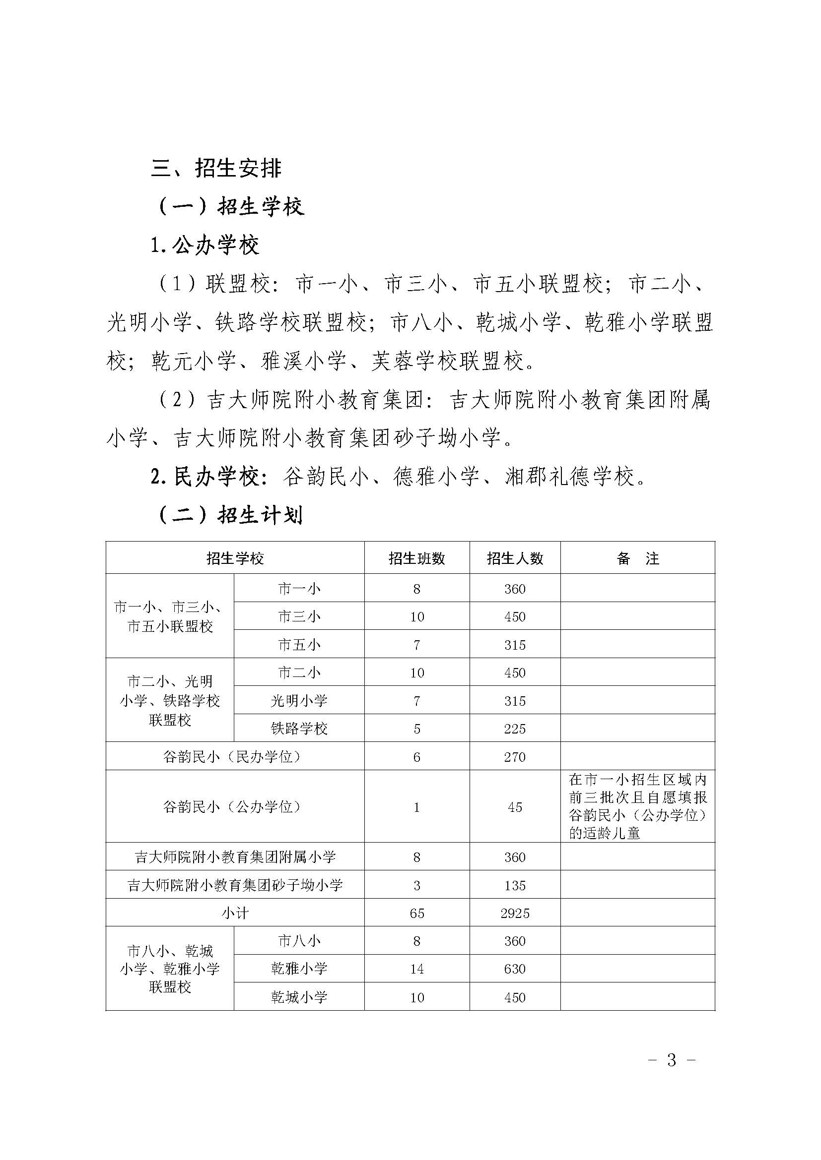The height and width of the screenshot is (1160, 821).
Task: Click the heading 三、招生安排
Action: [x=216, y=168]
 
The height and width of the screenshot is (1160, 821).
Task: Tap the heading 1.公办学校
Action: [x=205, y=245]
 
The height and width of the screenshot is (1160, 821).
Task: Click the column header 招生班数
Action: [x=416, y=558]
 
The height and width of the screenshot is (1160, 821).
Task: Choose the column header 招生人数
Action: [x=515, y=558]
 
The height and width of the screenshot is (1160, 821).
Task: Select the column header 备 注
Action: [x=637, y=558]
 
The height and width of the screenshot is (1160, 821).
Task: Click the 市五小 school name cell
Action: [x=299, y=645]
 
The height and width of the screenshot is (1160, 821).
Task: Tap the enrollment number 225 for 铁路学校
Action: [x=515, y=729]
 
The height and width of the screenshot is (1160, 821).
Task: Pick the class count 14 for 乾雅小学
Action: [x=416, y=969]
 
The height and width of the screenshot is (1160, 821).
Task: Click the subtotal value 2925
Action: [x=515, y=914]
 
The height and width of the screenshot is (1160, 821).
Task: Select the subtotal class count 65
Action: [x=416, y=914]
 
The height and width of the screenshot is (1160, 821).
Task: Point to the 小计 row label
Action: [x=235, y=914]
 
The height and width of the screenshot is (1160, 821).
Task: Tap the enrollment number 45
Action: [x=515, y=807]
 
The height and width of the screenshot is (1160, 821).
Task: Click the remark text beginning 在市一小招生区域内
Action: [x=637, y=806]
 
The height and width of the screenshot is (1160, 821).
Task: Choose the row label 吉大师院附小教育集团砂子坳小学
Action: [x=235, y=885]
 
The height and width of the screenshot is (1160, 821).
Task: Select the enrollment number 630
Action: [x=515, y=969]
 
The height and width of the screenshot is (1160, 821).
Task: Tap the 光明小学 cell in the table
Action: [x=299, y=701]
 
